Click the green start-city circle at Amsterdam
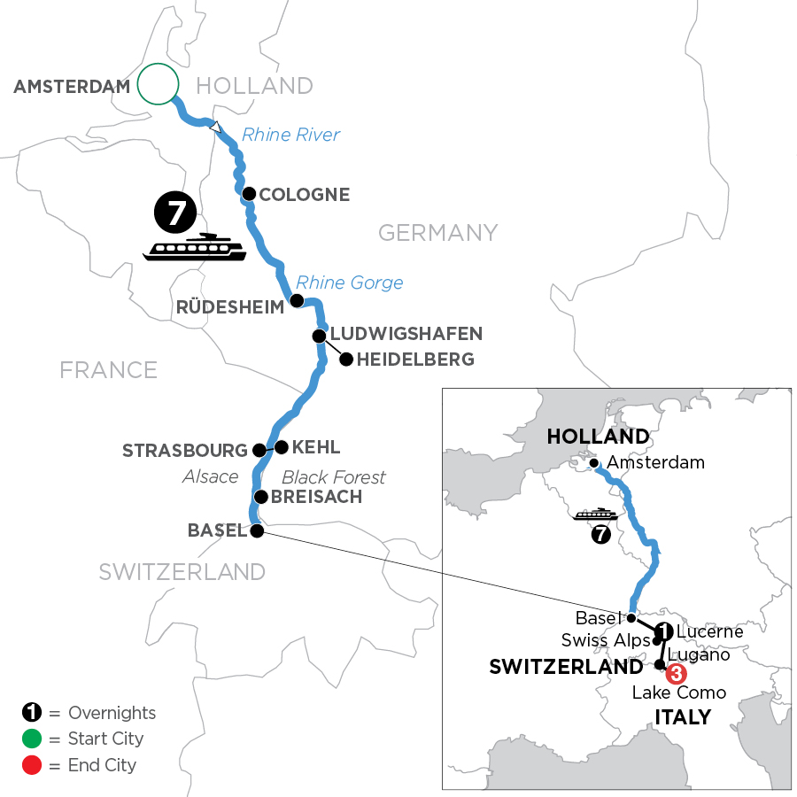click(159, 85)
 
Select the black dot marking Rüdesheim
click(298, 301)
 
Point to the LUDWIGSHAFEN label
click(406, 334)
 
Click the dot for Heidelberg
click(346, 360)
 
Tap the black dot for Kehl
click(282, 447)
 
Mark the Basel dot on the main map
click(257, 531)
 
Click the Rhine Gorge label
click(350, 283)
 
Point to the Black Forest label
click(334, 477)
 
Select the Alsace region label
click(210, 477)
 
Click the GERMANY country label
click(437, 233)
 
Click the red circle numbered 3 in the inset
click(676, 674)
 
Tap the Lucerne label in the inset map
click(709, 632)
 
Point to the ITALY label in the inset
click(681, 716)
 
